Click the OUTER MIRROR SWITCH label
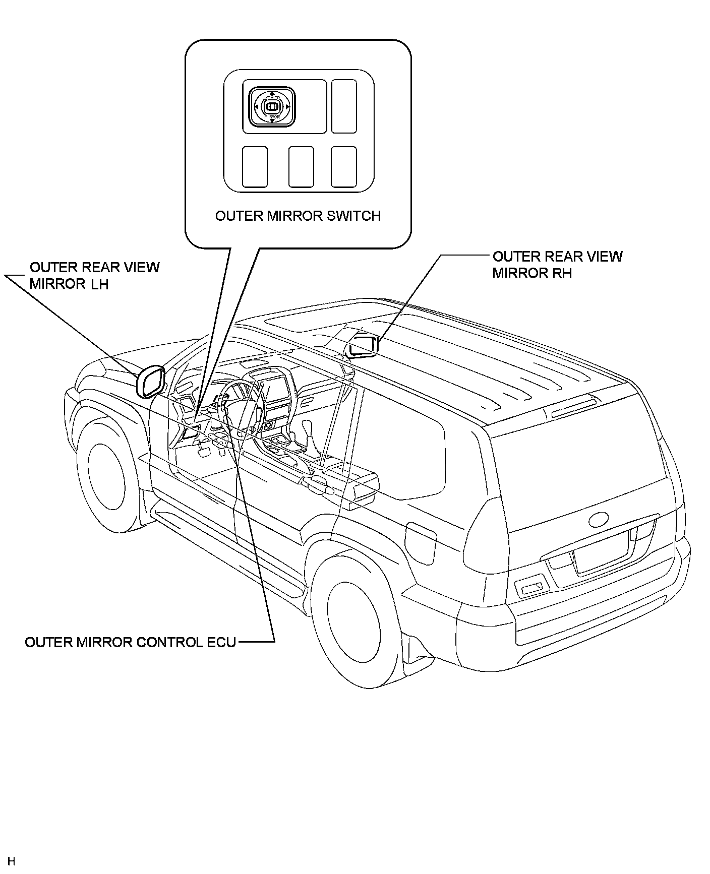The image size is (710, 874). click(298, 216)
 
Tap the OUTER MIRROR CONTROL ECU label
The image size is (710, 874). click(130, 642)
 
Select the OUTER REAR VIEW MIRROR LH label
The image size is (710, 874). click(94, 275)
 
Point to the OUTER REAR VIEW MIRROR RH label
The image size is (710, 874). click(557, 265)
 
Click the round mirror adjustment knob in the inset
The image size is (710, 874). click(272, 107)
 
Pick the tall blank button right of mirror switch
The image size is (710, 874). click(344, 106)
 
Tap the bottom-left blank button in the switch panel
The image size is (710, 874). click(255, 166)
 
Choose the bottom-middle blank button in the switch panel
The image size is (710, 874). click(301, 166)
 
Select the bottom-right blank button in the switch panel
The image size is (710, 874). click(344, 166)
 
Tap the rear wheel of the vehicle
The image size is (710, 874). click(353, 612)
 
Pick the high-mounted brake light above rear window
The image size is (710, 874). click(574, 407)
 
